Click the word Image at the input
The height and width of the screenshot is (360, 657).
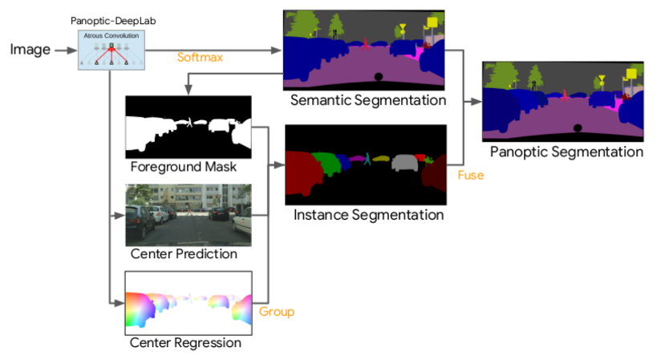[30, 51]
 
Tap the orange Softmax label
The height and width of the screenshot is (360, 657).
[200, 57]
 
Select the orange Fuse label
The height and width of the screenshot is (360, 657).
[470, 174]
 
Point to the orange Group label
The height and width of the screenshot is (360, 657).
[277, 311]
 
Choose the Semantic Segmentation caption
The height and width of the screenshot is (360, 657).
[368, 100]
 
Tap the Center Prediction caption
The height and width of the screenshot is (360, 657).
[184, 254]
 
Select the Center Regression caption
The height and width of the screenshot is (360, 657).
[185, 342]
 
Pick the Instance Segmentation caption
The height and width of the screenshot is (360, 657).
[368, 215]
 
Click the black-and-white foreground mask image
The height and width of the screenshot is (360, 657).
[189, 127]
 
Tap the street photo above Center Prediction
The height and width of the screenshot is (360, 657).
[189, 215]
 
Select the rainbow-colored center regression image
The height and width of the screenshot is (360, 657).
[189, 302]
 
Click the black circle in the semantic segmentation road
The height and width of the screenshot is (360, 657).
[378, 77]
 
